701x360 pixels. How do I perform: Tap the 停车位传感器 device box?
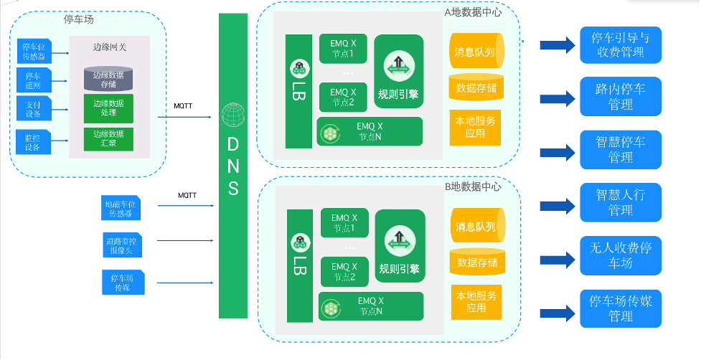click(x=33, y=50)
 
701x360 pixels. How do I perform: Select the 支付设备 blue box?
click(x=33, y=109)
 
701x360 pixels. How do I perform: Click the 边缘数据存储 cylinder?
click(x=108, y=78)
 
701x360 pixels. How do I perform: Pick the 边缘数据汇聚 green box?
click(x=108, y=138)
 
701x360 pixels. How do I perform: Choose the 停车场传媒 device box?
click(x=123, y=282)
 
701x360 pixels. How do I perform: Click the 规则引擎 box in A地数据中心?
click(x=398, y=72)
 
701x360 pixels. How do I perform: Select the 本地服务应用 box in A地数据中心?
click(x=475, y=127)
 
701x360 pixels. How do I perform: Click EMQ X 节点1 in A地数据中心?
click(x=343, y=49)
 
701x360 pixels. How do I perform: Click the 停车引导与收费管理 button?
click(x=621, y=45)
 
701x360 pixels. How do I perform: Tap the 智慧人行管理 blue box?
click(x=621, y=202)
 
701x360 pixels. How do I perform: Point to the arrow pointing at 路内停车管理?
click(x=557, y=98)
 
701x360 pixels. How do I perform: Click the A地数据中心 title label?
click(x=473, y=11)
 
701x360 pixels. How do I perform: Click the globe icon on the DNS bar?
click(x=233, y=115)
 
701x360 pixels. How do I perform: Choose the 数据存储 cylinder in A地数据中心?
click(x=476, y=88)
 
